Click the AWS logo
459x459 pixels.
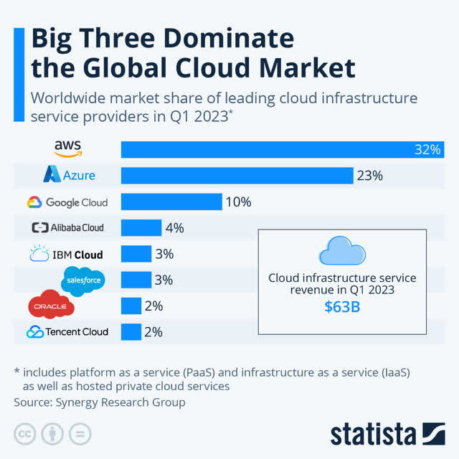[x=68, y=148]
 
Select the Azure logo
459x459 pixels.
[x=69, y=175]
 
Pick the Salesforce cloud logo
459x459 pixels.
[x=85, y=280]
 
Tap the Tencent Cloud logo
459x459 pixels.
[x=67, y=331]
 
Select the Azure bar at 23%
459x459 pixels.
[x=237, y=175]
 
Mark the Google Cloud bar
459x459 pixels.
[x=171, y=202]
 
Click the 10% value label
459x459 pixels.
[x=238, y=202]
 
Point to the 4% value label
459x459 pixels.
[x=174, y=228]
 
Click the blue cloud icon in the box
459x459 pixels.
[x=342, y=252]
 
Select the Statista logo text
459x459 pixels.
[x=372, y=434]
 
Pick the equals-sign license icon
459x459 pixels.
[x=82, y=435]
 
